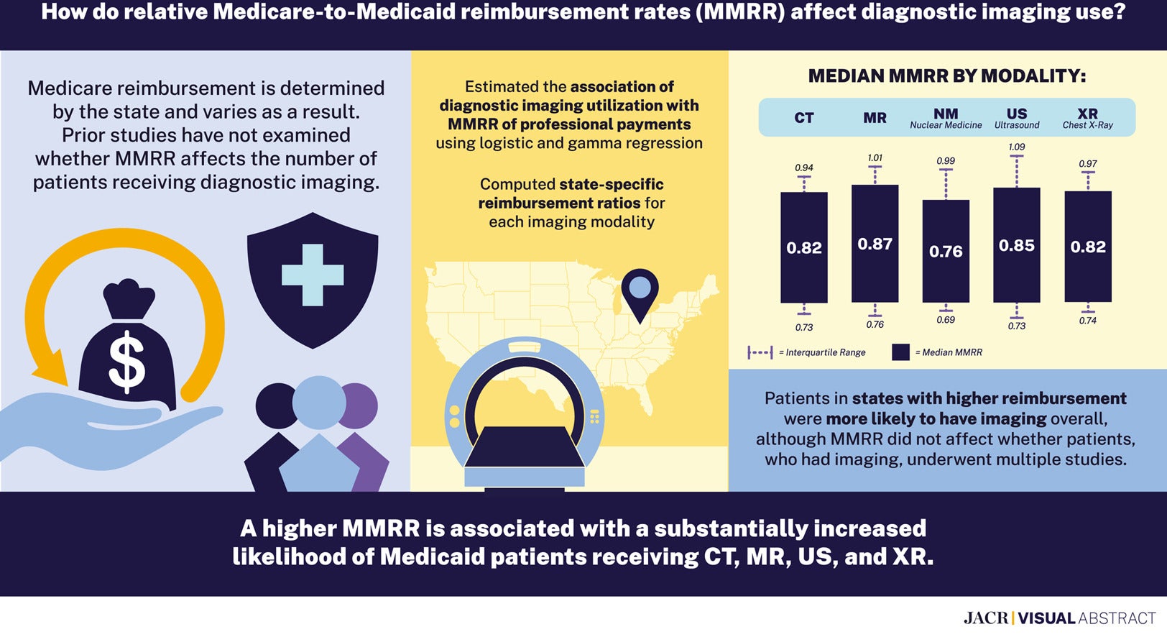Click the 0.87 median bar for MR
875,244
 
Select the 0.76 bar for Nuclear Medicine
945,251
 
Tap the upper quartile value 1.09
1016,147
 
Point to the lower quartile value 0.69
945,320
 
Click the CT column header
803,118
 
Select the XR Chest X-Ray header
1087,118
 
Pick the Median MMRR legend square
900,352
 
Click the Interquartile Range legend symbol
760,352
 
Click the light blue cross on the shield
313,275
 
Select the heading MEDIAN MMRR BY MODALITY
946,76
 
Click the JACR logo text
985,618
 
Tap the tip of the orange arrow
45,375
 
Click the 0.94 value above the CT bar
803,168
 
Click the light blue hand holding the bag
108,431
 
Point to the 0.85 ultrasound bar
1016,245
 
